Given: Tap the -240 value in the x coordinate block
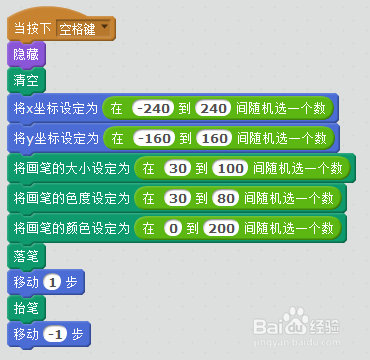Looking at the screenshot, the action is [153, 108].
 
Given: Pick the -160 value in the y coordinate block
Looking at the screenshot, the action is [153, 137].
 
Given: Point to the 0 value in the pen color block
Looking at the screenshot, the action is [174, 228].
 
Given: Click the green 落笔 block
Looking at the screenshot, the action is [25, 256].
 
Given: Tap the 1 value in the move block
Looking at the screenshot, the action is [53, 283].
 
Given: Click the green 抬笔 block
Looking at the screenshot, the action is [25, 307].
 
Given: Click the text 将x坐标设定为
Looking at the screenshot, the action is [55, 108].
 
